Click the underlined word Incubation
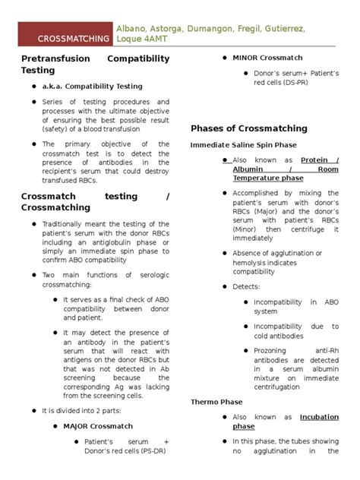coord(319,417)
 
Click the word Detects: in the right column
coord(246,286)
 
